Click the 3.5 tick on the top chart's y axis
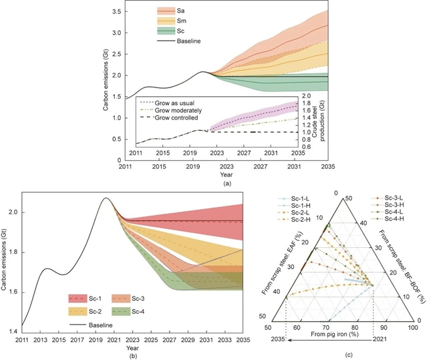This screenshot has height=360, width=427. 114,12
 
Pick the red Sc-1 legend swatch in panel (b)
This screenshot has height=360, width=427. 79,298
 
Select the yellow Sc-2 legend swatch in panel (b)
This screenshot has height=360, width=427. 79,311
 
